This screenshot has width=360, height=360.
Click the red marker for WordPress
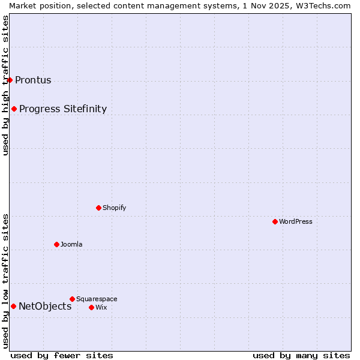click(275, 221)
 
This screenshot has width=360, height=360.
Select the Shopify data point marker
click(98, 208)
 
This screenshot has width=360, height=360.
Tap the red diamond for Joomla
click(56, 244)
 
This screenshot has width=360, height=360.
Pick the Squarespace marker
click(72, 299)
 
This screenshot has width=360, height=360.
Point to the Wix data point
click(91, 307)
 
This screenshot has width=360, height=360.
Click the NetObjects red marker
click(13, 306)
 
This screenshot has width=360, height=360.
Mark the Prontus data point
click(10, 80)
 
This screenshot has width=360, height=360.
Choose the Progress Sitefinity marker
click(14, 109)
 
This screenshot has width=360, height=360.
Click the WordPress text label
click(296, 221)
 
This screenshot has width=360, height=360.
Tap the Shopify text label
click(114, 208)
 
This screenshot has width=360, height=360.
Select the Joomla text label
click(71, 244)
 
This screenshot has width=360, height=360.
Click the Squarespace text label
click(97, 299)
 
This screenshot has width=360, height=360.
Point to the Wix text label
click(101, 307)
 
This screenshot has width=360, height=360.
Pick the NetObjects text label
click(45, 307)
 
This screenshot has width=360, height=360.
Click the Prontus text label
click(33, 80)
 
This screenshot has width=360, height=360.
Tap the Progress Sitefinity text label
click(63, 109)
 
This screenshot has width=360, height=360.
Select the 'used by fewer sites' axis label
click(62, 355)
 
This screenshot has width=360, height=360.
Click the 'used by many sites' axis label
click(301, 355)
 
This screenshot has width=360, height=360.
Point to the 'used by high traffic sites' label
click(5, 85)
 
